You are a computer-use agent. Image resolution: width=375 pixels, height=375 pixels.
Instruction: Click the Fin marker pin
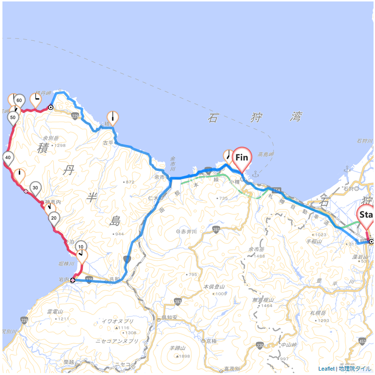[242, 157]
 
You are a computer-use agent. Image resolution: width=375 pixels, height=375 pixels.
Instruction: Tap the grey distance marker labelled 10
[81, 247]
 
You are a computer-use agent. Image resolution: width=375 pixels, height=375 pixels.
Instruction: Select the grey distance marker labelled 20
[54, 218]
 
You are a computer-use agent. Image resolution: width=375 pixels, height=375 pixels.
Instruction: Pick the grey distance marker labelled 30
[35, 187]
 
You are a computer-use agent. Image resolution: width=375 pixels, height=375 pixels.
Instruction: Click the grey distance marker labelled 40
[8, 157]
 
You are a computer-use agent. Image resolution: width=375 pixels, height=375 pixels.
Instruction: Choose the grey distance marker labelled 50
[13, 117]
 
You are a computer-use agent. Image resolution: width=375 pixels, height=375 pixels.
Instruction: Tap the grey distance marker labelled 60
[20, 100]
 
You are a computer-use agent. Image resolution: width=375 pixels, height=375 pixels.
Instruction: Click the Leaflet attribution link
[326, 369]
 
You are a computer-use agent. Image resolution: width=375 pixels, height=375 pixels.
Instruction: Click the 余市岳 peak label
[256, 249]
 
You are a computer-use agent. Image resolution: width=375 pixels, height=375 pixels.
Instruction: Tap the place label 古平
[108, 143]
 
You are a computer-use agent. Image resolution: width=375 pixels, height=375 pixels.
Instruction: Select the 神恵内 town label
[52, 201]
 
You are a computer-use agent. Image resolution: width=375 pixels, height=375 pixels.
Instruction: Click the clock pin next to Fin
[228, 155]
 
